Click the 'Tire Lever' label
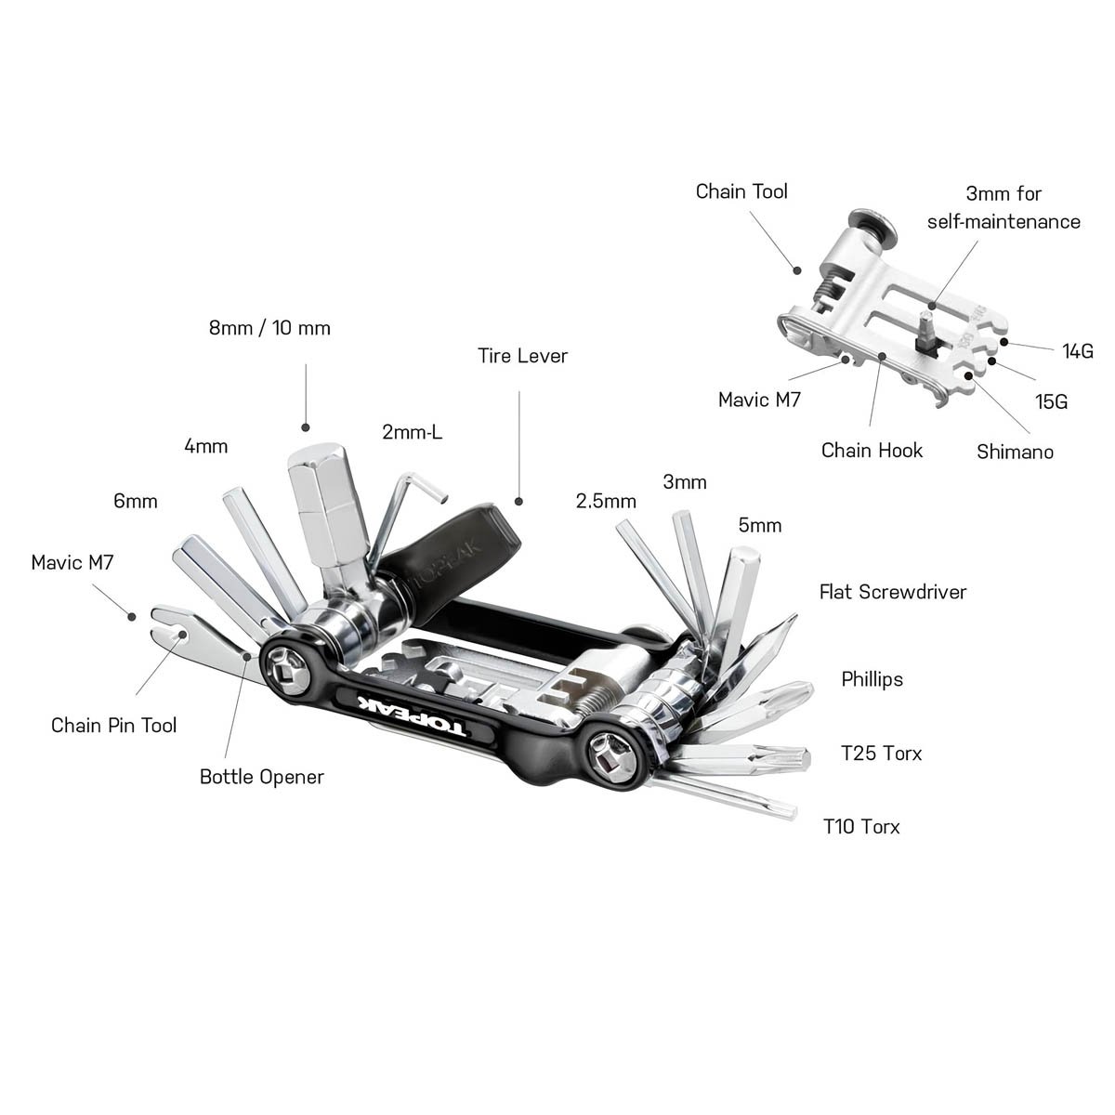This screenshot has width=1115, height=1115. (522, 356)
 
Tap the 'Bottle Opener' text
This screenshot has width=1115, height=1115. (262, 777)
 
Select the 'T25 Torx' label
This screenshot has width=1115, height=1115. (881, 753)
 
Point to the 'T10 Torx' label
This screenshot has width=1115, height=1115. (861, 826)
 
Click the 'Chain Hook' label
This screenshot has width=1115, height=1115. (872, 451)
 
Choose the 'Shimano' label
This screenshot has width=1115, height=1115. (1015, 453)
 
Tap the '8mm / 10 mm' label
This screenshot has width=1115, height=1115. (269, 328)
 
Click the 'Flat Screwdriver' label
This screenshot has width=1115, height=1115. (892, 592)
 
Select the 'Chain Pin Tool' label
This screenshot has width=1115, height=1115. (113, 725)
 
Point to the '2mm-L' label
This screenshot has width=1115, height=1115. (412, 432)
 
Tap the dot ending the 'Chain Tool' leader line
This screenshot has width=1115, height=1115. (796, 270)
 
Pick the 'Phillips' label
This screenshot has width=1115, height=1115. (872, 679)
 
